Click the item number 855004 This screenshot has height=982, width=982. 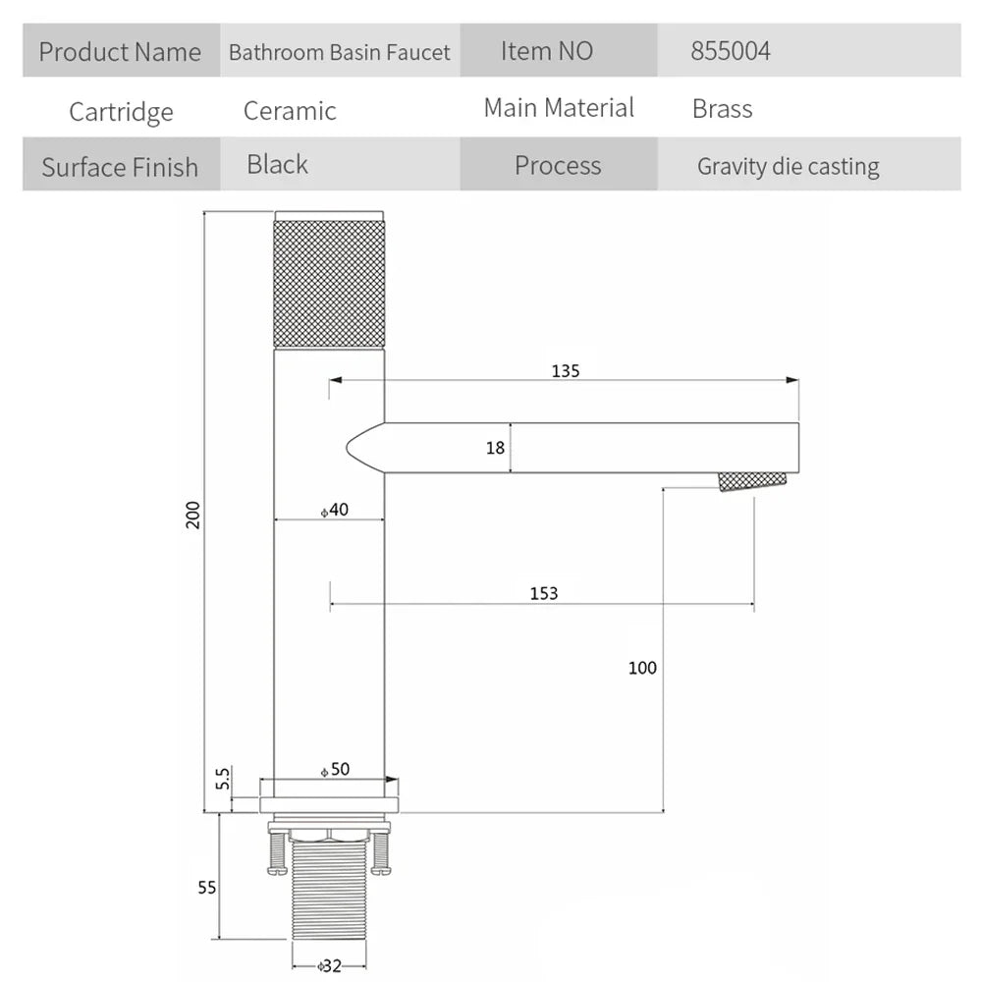(731, 51)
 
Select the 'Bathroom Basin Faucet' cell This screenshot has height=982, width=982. (340, 52)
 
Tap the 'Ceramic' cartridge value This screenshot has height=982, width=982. (290, 111)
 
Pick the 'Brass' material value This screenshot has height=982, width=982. (722, 109)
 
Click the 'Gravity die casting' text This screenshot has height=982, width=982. (789, 167)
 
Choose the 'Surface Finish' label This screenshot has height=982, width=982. (120, 167)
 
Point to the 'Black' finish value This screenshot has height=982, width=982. (278, 165)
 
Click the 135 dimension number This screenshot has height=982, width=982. (566, 371)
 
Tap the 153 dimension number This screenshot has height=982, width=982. (544, 593)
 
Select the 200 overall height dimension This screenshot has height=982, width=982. (192, 515)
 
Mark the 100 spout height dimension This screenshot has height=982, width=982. (642, 668)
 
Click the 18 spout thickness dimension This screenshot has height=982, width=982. (495, 448)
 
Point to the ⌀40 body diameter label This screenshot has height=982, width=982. (335, 510)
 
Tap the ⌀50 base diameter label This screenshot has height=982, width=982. (335, 769)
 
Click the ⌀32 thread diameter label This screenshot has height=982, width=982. (329, 965)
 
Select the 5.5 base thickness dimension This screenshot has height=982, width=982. (223, 779)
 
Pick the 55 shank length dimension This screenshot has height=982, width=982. (206, 888)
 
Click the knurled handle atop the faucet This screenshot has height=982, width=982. (329, 279)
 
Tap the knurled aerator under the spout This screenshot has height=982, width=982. (752, 481)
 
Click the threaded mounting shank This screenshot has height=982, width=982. (329, 890)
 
